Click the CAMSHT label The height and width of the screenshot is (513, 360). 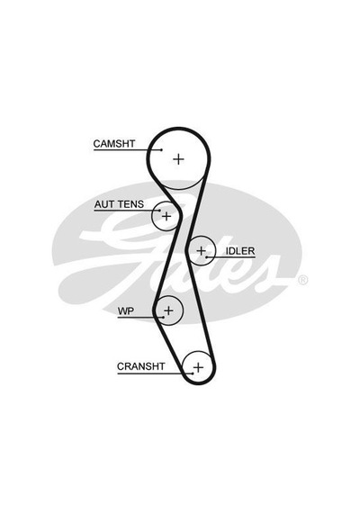tap(114, 144)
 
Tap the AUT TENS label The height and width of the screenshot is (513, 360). tap(119, 204)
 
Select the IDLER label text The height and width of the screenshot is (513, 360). tap(240, 251)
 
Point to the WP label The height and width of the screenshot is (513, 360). tap(126, 310)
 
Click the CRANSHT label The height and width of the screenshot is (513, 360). tap(140, 366)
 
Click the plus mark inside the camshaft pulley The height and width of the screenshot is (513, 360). tap(179, 159)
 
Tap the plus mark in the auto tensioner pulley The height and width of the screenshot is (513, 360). tap(166, 216)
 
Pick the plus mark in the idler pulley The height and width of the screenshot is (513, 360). tap(201, 251)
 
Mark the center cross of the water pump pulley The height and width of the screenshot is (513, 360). tap(168, 310)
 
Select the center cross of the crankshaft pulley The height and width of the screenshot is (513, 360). tap(198, 367)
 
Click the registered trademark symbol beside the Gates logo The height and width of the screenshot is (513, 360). tap(302, 280)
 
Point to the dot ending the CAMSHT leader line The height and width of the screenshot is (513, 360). tap(162, 149)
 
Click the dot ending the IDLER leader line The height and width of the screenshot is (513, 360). tap(207, 257)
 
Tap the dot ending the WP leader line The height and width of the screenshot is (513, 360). tap(163, 317)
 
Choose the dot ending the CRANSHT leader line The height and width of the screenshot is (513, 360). tap(193, 373)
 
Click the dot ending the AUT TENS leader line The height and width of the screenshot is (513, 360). tap(159, 211)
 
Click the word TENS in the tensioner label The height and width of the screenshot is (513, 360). tap(131, 204)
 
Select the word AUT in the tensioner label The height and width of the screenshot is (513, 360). tap(104, 204)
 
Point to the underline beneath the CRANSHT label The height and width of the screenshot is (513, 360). tap(155, 373)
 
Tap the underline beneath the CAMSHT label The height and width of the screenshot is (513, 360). tap(127, 149)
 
